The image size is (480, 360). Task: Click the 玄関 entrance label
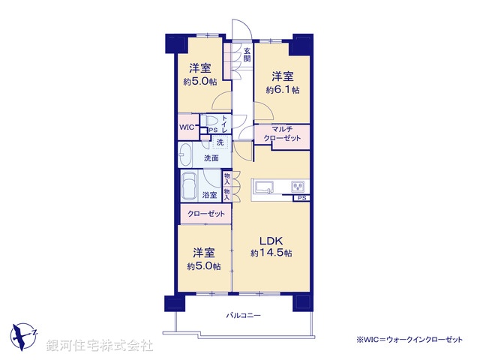(247, 56)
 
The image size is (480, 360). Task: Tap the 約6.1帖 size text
(283, 90)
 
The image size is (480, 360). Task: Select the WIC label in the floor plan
(187, 127)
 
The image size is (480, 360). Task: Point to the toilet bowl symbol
(211, 121)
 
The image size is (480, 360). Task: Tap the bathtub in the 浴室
(190, 184)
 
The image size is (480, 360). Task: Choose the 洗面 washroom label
(211, 158)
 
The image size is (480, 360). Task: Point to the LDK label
(271, 240)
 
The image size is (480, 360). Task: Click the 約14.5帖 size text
(271, 253)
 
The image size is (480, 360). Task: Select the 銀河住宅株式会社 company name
(100, 346)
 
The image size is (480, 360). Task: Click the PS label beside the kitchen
(301, 198)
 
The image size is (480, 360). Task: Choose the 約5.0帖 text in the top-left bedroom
(199, 81)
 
